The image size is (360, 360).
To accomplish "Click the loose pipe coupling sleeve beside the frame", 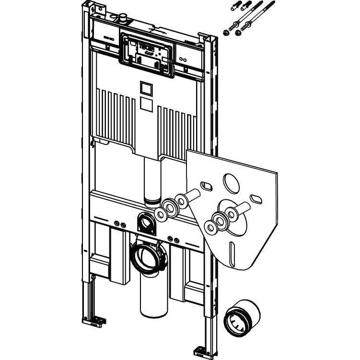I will pos(242,317).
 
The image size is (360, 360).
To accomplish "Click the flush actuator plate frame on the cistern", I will pos(147,54).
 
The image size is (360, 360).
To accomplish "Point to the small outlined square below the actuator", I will pos(147,88).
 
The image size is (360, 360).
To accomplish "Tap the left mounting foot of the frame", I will pos(94,321).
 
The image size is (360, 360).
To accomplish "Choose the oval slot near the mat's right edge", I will pos(256,198).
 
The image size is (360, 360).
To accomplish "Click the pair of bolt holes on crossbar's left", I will pos(120,224).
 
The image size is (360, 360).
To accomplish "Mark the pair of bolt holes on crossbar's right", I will pos(174,239).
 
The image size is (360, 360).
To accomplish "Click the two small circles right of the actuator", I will pos(183,59).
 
